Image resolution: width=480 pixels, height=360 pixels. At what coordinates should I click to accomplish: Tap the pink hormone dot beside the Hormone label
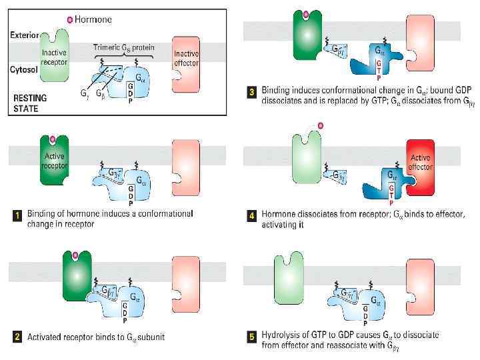(x=70, y=19)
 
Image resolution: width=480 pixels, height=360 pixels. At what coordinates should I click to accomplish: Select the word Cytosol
(x=24, y=69)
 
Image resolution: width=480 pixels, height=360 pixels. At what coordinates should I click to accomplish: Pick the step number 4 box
(x=252, y=215)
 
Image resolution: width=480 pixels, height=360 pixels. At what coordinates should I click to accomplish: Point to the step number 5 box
(x=252, y=337)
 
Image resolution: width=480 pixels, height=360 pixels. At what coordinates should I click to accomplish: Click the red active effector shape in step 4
(x=422, y=177)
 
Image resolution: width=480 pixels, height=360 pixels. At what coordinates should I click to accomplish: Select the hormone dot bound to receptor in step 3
(x=306, y=13)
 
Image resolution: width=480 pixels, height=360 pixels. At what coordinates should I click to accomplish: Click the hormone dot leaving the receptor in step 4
(x=321, y=125)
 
